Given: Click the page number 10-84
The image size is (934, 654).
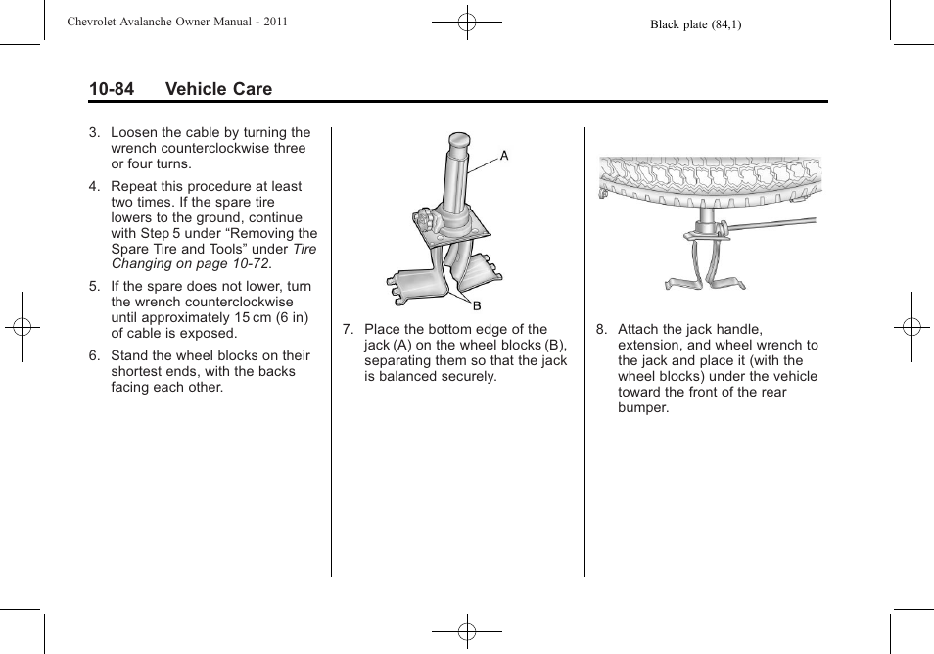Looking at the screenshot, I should [x=111, y=89].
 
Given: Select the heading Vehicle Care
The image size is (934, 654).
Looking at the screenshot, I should [x=218, y=89].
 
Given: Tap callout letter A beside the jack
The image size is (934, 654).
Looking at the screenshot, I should [x=505, y=155].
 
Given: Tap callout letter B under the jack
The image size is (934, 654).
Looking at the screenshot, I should [x=478, y=306].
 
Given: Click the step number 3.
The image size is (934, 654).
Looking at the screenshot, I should [x=94, y=132].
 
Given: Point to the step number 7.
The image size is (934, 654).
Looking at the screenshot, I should [x=348, y=329].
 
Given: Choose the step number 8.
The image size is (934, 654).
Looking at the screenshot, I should [x=601, y=329].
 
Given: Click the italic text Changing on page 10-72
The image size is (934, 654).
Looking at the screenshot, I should [x=190, y=264].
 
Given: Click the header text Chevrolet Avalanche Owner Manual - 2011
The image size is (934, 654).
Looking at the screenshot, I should [x=177, y=21].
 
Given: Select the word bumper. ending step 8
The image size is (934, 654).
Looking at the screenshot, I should [x=643, y=407].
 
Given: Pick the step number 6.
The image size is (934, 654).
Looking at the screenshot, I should [x=94, y=355].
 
